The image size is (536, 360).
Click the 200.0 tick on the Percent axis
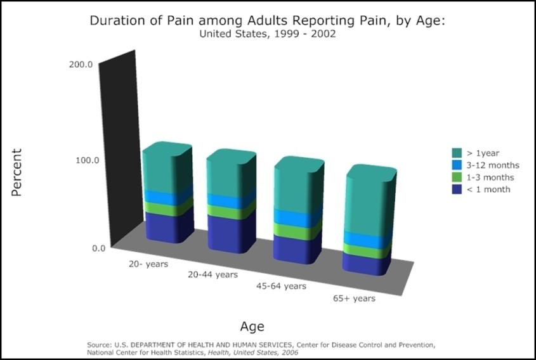[x=81, y=64]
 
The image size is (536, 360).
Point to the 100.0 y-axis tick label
[x=88, y=160]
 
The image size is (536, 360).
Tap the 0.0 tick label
[x=98, y=248]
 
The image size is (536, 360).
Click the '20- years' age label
[x=148, y=264]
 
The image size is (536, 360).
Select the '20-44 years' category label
[x=212, y=274]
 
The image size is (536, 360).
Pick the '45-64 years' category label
[x=282, y=286]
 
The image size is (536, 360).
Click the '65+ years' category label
[x=354, y=299]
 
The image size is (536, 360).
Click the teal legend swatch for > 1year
[x=457, y=153]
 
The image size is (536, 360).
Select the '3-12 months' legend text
[x=493, y=165]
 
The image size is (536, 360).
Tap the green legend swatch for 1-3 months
[x=457, y=177]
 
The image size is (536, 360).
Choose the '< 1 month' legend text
[x=488, y=190]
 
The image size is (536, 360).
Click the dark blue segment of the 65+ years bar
[x=367, y=264]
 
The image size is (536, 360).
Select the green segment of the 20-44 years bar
[x=231, y=212]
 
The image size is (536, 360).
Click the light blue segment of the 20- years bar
[x=167, y=197]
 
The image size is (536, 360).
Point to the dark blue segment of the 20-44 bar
[x=231, y=234]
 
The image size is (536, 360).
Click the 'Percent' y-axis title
[x=16, y=172]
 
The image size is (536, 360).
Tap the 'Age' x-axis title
[x=252, y=327]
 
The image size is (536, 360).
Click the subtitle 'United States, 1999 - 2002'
[x=268, y=34]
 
